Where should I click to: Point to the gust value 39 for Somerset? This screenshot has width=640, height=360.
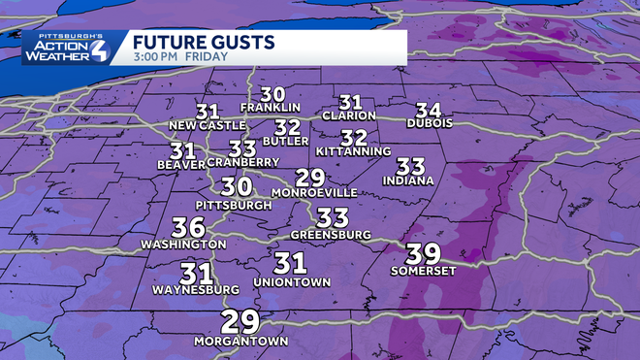pos(423,253)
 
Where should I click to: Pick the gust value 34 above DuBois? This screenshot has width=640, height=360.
pos(429,109)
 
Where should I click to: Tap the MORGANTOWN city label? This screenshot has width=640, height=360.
pos(239,342)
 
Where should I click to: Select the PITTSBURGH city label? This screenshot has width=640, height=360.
pos(234,206)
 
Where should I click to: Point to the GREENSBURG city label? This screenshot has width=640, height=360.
pos(332,235)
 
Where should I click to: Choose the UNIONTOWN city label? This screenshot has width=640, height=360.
pos(291,281)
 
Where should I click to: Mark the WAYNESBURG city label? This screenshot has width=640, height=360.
pos(195,289)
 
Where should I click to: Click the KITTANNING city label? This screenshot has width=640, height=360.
pos(353,151)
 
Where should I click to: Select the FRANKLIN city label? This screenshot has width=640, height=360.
pos(271,107)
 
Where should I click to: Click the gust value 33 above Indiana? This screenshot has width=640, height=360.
pos(411,166)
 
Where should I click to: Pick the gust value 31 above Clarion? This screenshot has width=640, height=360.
pos(350,102)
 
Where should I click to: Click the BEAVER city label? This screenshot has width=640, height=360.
pos(180,165)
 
